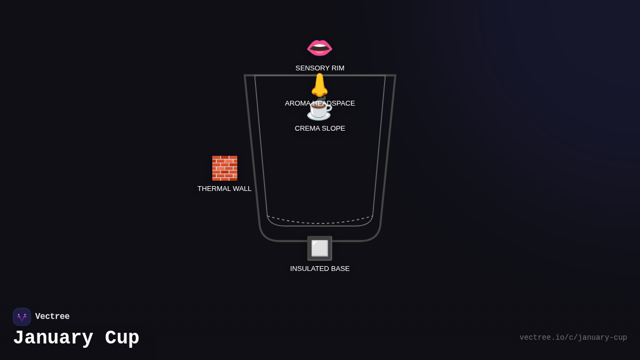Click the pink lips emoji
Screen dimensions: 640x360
319,47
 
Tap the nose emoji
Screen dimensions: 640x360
319,85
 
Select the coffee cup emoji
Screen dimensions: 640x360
319,110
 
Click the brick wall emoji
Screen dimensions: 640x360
225,169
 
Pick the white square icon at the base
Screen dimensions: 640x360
319,249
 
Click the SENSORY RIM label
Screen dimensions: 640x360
319,68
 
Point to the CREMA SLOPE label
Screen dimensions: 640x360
319,129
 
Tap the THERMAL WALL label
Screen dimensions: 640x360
225,189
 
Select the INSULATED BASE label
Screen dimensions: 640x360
319,269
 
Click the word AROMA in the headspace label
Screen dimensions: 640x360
297,103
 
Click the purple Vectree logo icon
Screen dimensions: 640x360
22,317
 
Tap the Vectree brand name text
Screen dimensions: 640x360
52,316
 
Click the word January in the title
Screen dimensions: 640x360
53,338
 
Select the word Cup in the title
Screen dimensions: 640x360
122,338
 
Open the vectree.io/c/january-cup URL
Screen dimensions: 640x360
573,338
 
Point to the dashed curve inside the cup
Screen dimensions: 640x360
319,223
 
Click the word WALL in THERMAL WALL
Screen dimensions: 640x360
242,189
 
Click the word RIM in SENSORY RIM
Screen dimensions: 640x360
338,68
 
